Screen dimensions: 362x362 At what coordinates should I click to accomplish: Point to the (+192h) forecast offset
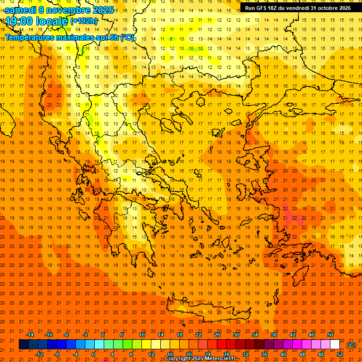coord(84,21)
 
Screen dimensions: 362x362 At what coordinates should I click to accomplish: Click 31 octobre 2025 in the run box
coord(330,8)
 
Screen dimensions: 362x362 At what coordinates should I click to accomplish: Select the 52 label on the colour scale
coord(340,354)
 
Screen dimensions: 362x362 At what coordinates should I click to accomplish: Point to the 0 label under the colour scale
coord(93,354)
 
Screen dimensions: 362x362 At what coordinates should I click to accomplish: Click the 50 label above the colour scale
coord(330,334)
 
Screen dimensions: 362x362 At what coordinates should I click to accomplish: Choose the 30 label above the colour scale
coord(236,334)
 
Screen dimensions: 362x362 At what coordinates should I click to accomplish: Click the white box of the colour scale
coord(335,345)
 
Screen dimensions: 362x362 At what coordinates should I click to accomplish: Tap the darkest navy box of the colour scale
coord(24,345)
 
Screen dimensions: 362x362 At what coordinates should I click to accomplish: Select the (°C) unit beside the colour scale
coord(352,345)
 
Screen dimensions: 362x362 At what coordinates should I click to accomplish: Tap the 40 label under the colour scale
coord(283,354)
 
